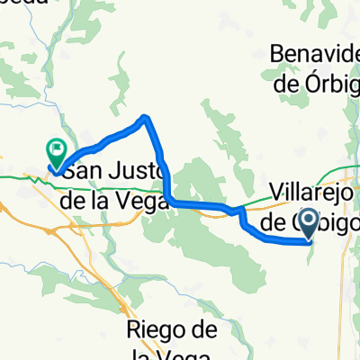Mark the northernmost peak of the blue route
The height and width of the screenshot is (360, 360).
(145, 117)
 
